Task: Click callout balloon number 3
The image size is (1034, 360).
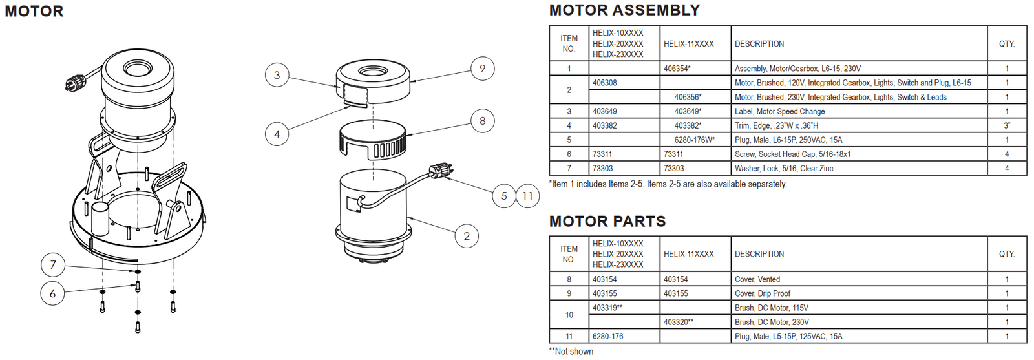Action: click(277, 75)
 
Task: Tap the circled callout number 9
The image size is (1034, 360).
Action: click(482, 69)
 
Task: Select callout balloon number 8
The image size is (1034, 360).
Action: click(482, 121)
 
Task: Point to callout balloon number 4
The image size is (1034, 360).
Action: click(277, 134)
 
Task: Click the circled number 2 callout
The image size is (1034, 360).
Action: click(467, 236)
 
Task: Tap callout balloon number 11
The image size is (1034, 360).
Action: click(528, 196)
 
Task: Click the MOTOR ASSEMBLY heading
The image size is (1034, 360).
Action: click(624, 10)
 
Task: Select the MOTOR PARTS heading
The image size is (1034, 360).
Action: click(607, 222)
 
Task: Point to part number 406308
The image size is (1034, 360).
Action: click(604, 83)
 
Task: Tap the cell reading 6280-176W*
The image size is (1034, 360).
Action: click(694, 140)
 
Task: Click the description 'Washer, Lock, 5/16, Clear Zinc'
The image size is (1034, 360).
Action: click(783, 168)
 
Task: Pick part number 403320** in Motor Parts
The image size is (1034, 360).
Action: click(678, 322)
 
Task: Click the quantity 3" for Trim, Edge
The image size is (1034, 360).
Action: click(1006, 125)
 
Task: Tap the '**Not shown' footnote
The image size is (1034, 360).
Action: click(571, 351)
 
